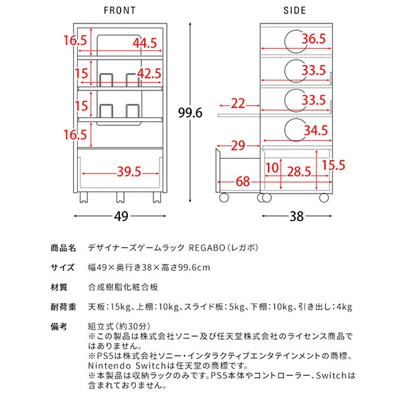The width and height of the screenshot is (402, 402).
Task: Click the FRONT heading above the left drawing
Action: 120,10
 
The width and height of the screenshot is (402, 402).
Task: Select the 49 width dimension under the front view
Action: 120,216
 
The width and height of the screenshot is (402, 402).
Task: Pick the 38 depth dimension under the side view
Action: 295,216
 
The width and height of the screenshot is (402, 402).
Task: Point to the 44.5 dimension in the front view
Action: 144,42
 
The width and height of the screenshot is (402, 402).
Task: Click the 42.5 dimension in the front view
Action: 148,72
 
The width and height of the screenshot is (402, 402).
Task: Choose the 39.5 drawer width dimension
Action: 129,172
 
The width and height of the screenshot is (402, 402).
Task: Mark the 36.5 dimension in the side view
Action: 313,39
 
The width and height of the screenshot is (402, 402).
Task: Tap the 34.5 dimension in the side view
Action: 314,129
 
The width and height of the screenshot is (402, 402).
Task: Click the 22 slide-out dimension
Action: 237,104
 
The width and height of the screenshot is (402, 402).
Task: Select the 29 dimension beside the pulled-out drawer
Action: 237,145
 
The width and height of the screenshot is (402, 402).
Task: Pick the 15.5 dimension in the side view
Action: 334,163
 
